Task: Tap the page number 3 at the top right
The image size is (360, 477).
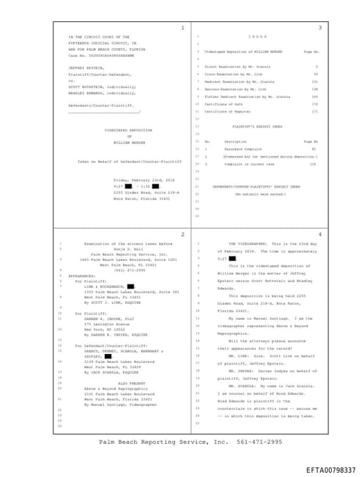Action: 319,27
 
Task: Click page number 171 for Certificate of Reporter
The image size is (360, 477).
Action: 314,111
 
